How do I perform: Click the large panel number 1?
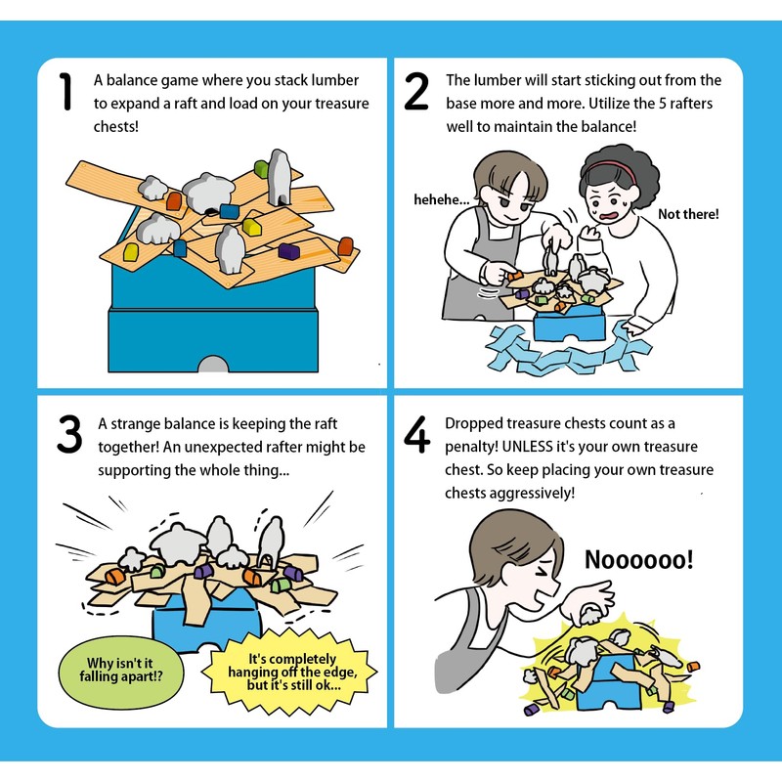pyautogui.click(x=65, y=91)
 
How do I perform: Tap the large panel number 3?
pyautogui.click(x=69, y=434)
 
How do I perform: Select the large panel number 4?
pyautogui.click(x=416, y=434)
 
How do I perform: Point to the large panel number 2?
pyautogui.click(x=416, y=91)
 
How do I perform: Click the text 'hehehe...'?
pyautogui.click(x=442, y=200)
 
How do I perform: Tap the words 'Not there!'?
pyautogui.click(x=688, y=214)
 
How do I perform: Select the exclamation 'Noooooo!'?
pyautogui.click(x=639, y=559)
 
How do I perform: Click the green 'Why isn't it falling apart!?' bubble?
pyautogui.click(x=121, y=671)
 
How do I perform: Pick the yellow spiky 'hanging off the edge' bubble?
pyautogui.click(x=289, y=672)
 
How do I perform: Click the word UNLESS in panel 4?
pyautogui.click(x=527, y=447)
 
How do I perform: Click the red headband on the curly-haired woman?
pyautogui.click(x=611, y=169)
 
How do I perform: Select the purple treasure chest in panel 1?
pyautogui.click(x=288, y=251)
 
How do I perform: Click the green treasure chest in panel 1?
pyautogui.click(x=261, y=168)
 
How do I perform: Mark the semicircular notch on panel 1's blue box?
pyautogui.click(x=213, y=364)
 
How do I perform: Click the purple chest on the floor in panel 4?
pyautogui.click(x=531, y=709)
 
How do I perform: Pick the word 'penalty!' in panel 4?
pyautogui.click(x=471, y=447)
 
